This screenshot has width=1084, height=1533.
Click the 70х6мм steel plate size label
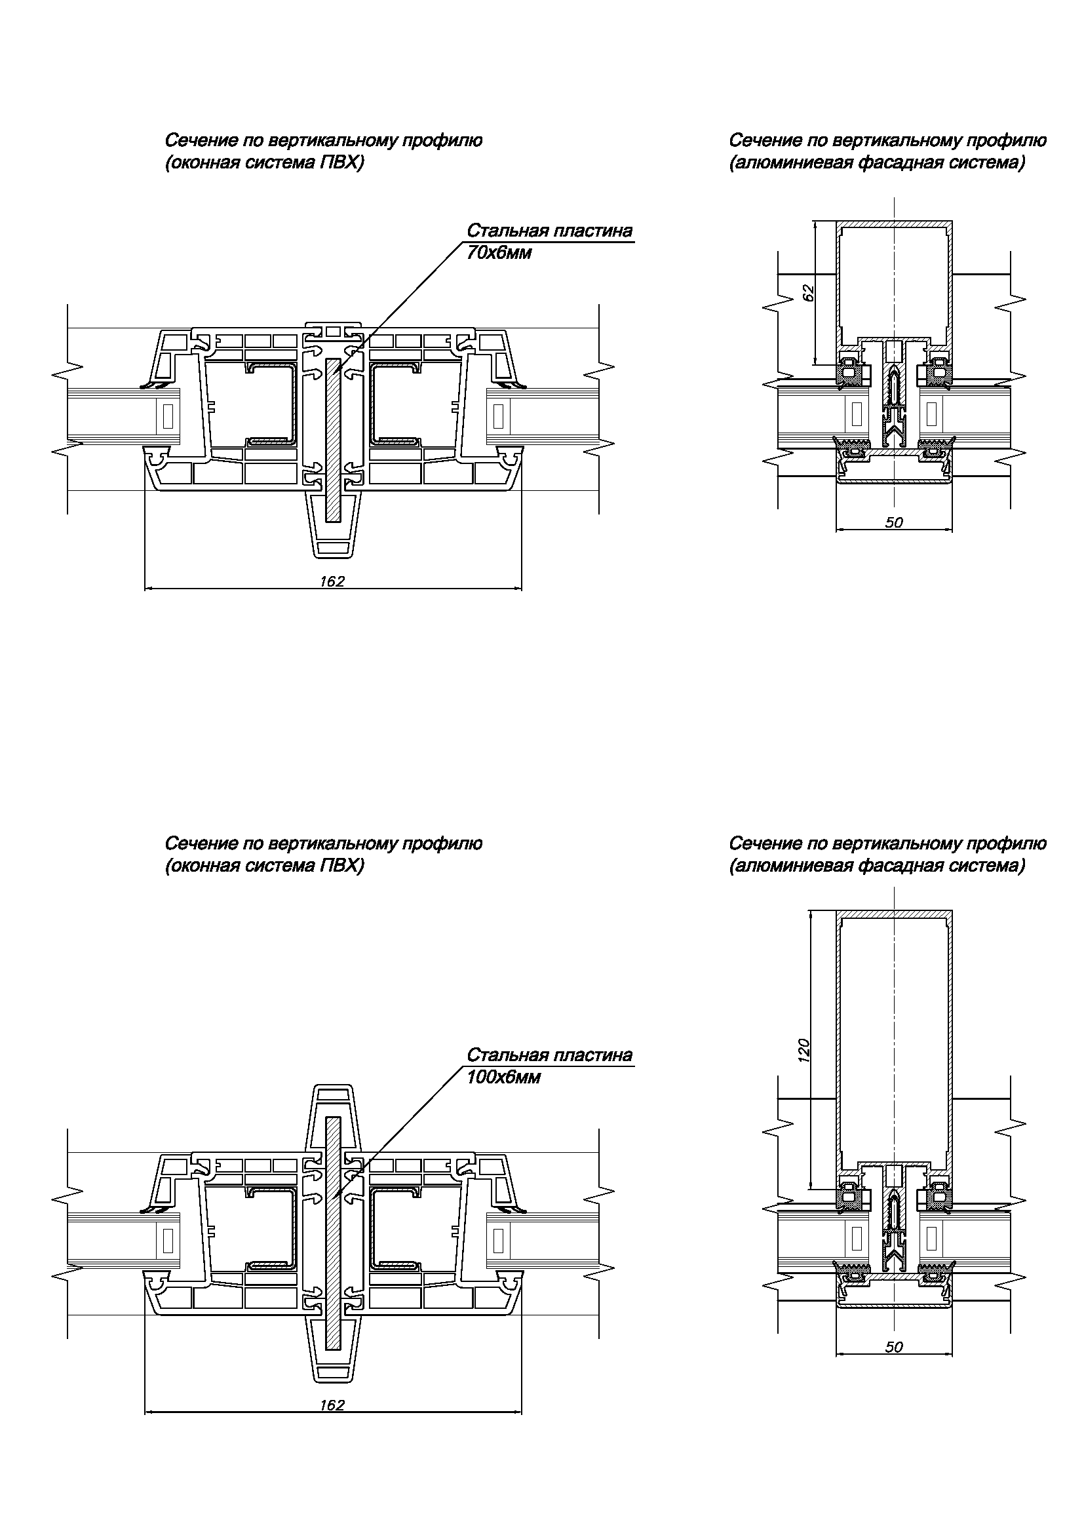point(499,254)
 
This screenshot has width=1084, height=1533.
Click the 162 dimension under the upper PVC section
point(332,581)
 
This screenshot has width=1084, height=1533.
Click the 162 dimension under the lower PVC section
point(332,1405)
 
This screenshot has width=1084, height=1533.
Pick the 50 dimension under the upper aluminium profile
point(894,523)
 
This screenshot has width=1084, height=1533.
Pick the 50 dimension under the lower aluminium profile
point(894,1347)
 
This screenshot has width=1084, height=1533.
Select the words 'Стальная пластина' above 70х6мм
point(549,231)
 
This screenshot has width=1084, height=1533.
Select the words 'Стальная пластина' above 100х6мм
point(549,1055)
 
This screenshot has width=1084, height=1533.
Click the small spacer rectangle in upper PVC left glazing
point(168,417)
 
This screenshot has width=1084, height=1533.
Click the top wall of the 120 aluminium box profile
point(894,914)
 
